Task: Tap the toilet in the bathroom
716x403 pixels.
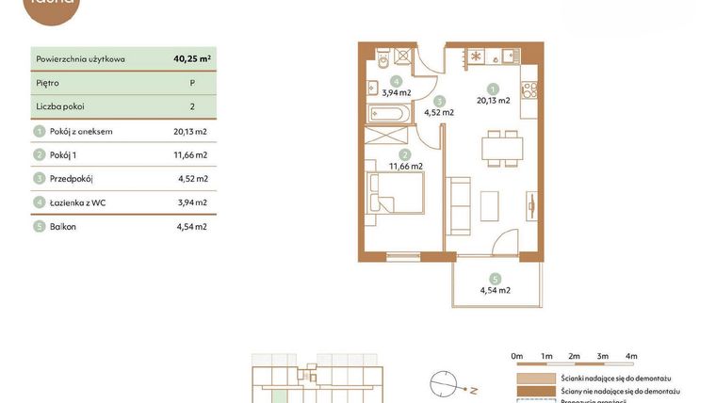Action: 382,59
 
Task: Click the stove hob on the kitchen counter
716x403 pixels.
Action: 529,91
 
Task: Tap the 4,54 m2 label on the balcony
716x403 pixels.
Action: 496,290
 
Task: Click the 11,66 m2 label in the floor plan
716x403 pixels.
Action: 406,167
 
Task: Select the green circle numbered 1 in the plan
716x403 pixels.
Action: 493,88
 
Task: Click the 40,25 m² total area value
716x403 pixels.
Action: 192,58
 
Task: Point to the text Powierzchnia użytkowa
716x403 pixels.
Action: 80,58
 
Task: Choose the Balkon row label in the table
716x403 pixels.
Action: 63,226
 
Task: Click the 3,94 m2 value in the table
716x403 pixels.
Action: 192,202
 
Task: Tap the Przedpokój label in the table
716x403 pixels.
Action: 72,178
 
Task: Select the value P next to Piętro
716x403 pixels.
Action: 192,83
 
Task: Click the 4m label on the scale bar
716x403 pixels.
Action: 631,356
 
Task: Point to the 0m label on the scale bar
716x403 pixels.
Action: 516,356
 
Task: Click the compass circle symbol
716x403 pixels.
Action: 443,383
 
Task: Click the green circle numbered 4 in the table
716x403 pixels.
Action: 40,202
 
